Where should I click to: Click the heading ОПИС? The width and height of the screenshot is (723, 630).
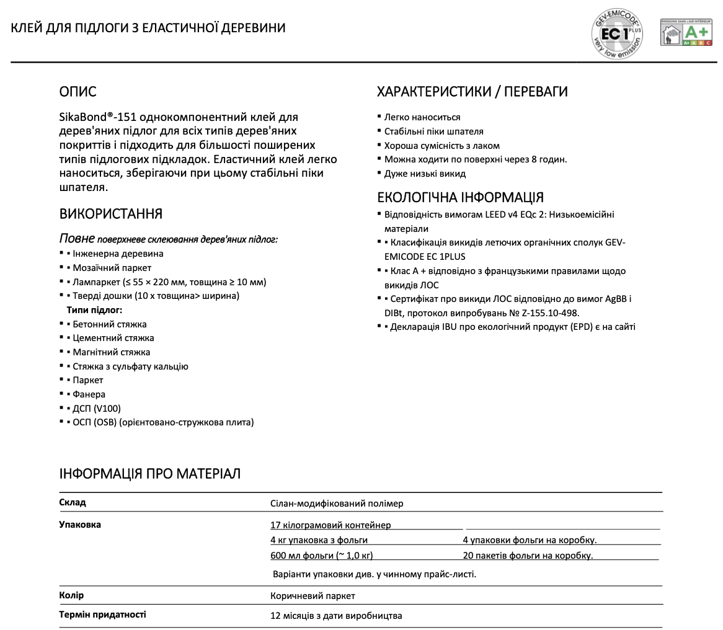(x=78, y=92)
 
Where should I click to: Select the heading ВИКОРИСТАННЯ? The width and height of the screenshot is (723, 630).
(x=110, y=214)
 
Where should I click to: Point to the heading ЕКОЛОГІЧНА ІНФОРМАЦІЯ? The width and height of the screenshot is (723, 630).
(x=460, y=197)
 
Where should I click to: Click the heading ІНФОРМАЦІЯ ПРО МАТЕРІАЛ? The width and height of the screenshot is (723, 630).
(x=149, y=474)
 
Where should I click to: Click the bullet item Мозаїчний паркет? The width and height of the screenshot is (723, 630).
(x=112, y=268)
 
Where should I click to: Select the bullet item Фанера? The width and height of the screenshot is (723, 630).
(x=89, y=394)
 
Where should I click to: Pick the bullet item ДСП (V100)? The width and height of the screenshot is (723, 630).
(x=97, y=409)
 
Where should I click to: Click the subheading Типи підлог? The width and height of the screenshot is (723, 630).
(x=94, y=310)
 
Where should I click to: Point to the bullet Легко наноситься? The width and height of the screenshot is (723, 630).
(x=422, y=117)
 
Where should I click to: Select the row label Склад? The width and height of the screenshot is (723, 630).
(x=73, y=502)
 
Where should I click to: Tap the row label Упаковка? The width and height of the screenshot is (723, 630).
(x=80, y=525)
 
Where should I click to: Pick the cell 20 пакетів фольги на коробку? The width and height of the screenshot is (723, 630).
(x=528, y=556)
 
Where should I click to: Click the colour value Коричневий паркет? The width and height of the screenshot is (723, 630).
(x=313, y=596)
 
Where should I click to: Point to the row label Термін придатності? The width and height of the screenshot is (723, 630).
(x=102, y=615)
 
